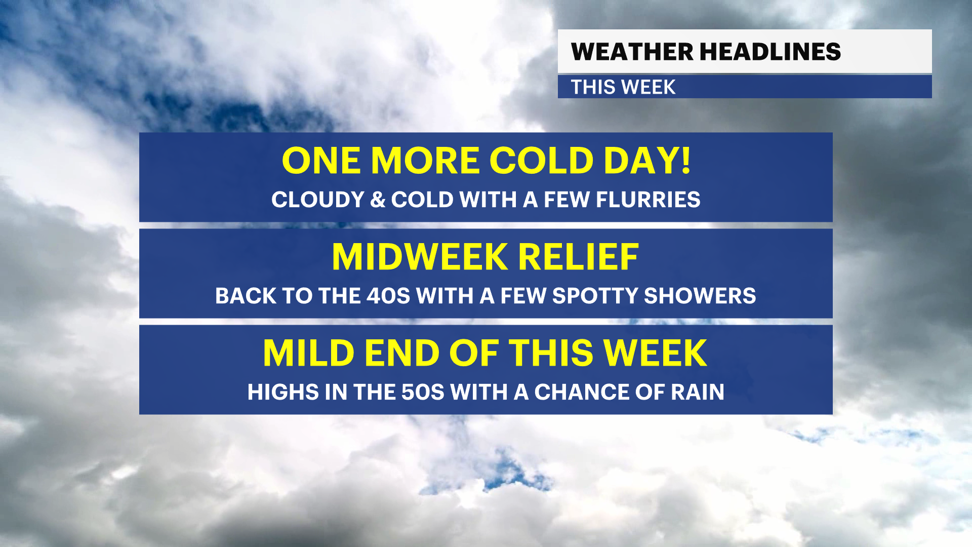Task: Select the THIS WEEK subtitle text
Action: pyautogui.click(x=623, y=87)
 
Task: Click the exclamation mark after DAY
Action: pyautogui.click(x=685, y=160)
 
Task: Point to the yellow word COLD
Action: pyautogui.click(x=541, y=161)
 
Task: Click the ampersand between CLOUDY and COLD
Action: pyautogui.click(x=378, y=200)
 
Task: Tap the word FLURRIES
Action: pyautogui.click(x=648, y=200)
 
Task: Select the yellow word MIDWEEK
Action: pyautogui.click(x=420, y=257)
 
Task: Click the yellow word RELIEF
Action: pyautogui.click(x=578, y=257)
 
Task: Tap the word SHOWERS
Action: pyautogui.click(x=700, y=296)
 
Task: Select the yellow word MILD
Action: pyautogui.click(x=309, y=353)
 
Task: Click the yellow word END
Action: pyautogui.click(x=401, y=353)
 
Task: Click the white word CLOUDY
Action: pyautogui.click(x=318, y=200)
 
